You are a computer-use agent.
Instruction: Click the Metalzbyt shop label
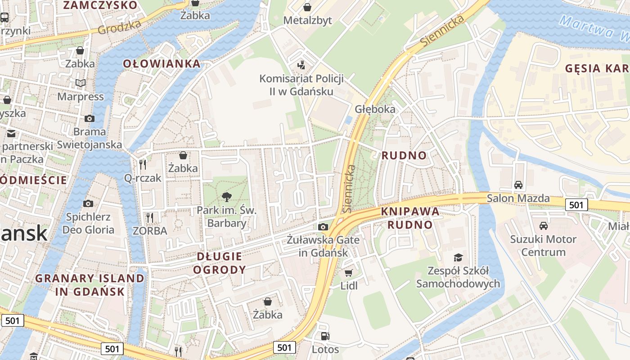pos(307,20)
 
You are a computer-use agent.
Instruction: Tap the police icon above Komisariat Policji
pos(301,65)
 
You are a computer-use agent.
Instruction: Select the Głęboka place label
pos(375,109)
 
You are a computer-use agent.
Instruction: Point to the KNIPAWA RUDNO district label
pos(410,218)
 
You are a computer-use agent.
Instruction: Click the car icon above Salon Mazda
pos(518,184)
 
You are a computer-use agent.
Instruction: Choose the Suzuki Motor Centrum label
pos(543,245)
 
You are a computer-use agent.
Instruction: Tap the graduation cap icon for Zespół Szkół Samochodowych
pos(458,257)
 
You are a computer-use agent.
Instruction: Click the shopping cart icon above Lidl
pos(349,273)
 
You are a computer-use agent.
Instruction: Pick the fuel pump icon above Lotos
pos(324,336)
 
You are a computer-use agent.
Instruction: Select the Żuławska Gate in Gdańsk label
pos(324,246)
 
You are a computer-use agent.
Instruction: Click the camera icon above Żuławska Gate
pos(323,227)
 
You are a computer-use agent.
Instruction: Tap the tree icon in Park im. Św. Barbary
pos(227,197)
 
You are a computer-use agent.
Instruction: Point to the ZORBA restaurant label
pos(150,231)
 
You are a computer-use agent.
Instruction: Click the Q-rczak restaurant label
pos(143,178)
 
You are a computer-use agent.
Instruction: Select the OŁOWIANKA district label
pos(162,63)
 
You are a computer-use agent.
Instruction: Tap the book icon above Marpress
pos(81,83)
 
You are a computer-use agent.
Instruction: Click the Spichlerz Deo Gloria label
pos(88,223)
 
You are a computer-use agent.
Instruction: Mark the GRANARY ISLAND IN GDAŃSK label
pos(90,284)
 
